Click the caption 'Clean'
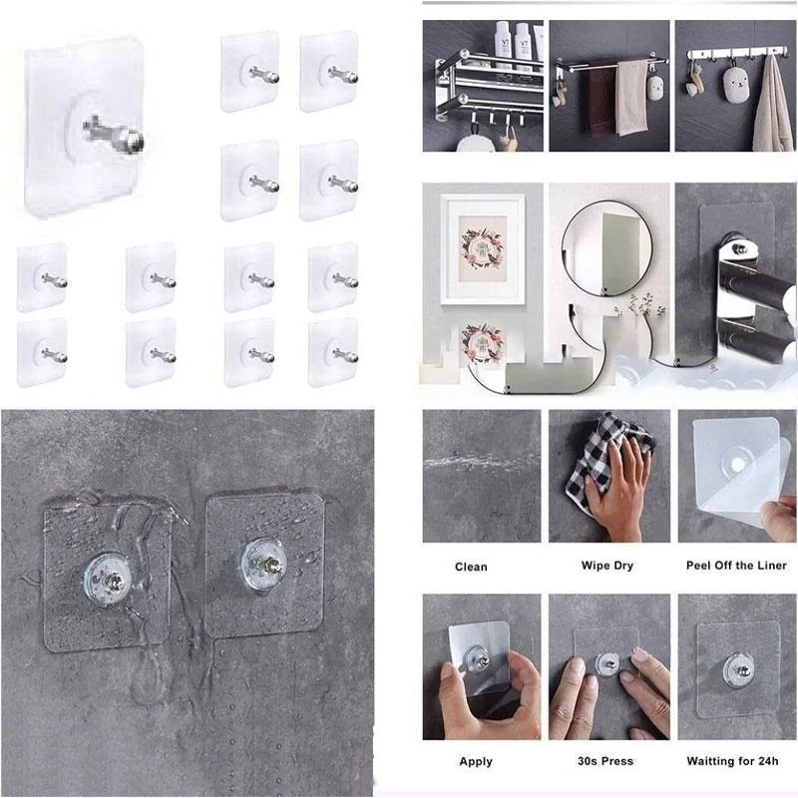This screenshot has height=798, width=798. (471, 567)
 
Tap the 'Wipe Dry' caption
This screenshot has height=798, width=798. (607, 566)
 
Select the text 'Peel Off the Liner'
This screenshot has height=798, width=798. (736, 566)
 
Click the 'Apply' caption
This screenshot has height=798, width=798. (476, 762)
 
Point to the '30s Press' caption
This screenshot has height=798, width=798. (605, 761)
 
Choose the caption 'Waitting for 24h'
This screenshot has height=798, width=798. (732, 761)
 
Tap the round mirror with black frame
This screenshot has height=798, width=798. (563, 254)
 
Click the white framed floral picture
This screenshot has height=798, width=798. (482, 249)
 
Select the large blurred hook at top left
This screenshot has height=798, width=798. (84, 130)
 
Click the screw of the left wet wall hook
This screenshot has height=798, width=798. (115, 581)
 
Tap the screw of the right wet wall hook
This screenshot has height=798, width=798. (268, 564)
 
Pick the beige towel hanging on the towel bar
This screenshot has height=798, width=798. (631, 98)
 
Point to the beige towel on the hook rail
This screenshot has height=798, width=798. (772, 110)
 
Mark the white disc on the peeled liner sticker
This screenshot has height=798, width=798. (736, 464)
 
